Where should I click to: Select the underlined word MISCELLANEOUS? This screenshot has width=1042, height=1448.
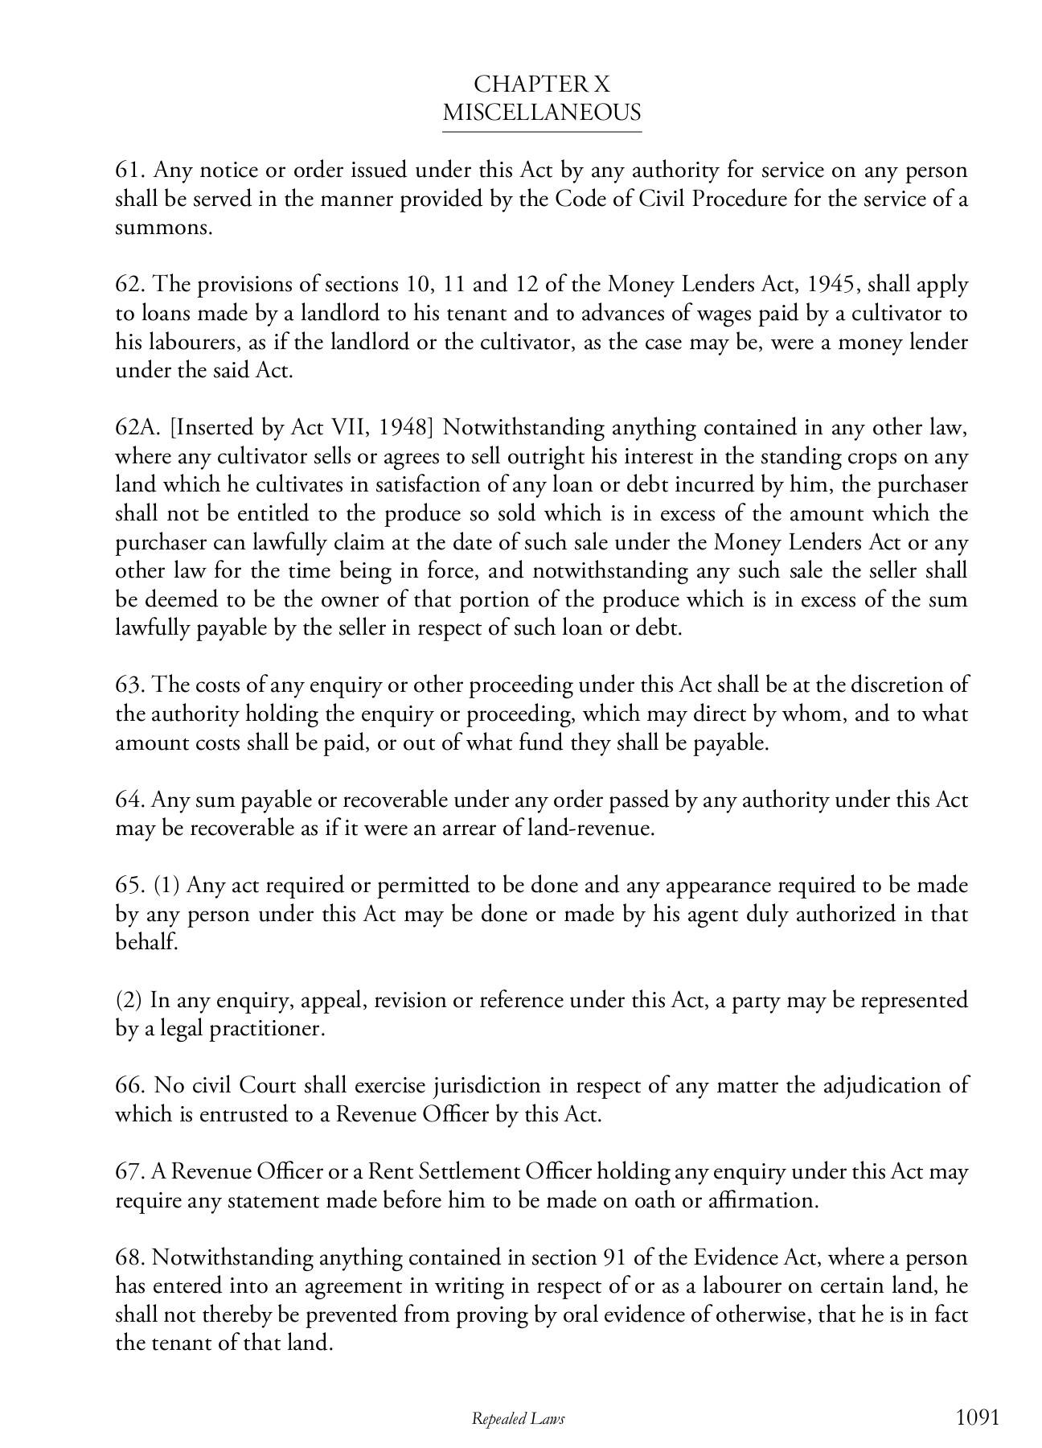click(x=542, y=113)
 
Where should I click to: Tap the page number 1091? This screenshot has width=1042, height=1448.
click(x=978, y=1417)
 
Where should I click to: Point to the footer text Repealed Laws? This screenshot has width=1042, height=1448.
click(x=518, y=1419)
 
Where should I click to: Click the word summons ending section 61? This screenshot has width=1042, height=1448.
click(x=163, y=228)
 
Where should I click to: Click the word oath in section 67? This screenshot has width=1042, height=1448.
click(x=658, y=1201)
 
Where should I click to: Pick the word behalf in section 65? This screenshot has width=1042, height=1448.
click(x=146, y=943)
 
